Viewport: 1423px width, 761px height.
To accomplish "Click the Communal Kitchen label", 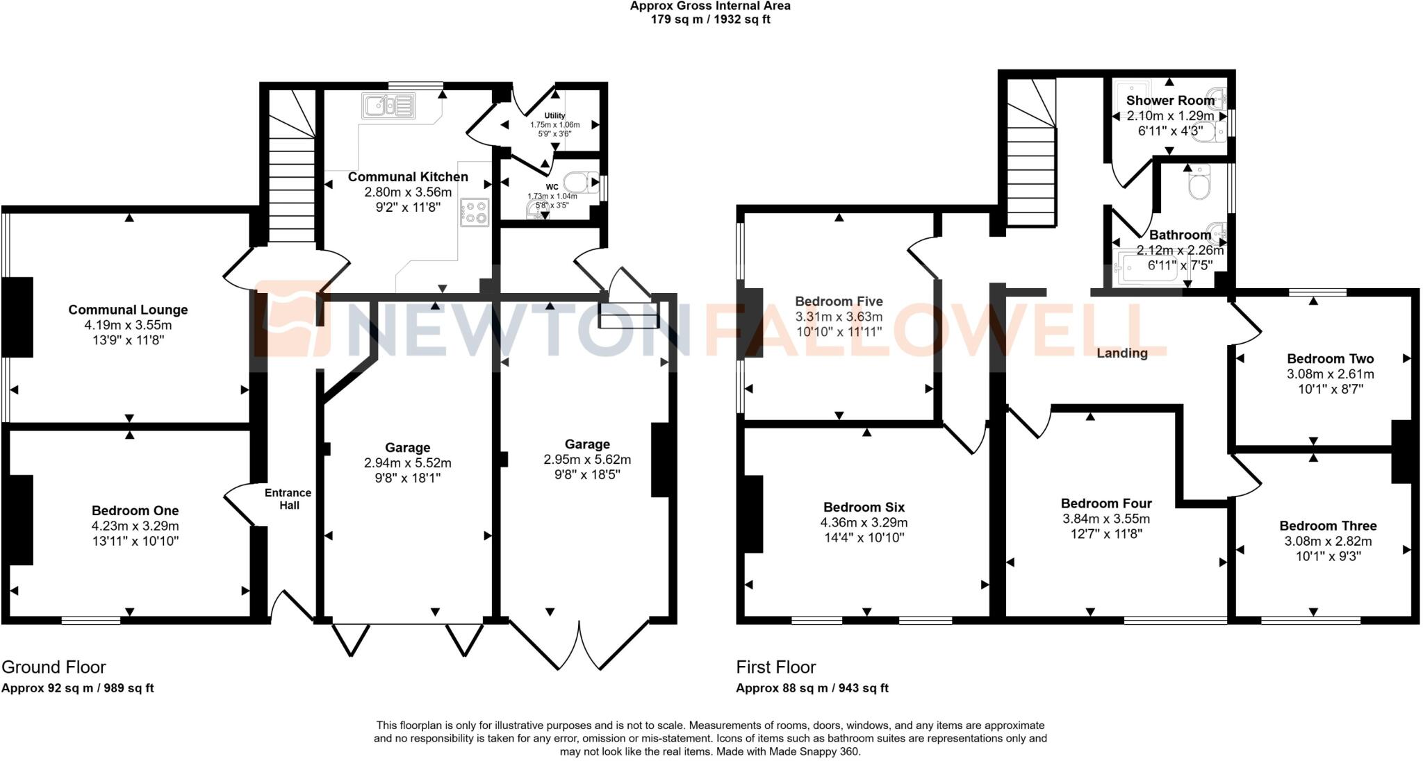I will tap(408, 177).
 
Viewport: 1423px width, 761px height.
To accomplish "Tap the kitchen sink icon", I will tap(388, 106).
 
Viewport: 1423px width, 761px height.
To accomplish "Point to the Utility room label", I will tap(554, 116).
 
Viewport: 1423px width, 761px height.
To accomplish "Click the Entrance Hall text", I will tap(288, 499).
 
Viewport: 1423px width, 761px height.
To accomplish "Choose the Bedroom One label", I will tap(135, 511).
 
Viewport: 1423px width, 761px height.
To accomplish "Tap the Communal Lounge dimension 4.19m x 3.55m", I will tap(128, 325).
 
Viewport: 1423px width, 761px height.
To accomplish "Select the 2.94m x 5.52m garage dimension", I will tap(407, 463).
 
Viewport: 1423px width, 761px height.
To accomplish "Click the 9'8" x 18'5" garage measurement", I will tap(587, 475).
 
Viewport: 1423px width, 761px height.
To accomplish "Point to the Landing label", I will tap(1121, 353).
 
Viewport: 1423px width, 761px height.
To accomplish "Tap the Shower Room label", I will tap(1170, 101).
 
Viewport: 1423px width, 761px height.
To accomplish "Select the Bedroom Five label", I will tap(839, 301).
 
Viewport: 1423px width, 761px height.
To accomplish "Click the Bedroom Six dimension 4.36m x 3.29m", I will tap(864, 523).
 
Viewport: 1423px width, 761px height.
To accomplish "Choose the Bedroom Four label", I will tap(1106, 503).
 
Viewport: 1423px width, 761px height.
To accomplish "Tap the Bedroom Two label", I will tap(1330, 359).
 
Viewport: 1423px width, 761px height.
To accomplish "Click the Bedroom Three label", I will tap(1328, 526).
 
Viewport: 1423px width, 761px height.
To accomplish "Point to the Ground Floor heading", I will tap(54, 667).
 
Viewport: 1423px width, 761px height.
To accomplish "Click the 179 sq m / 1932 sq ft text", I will tap(710, 19).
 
